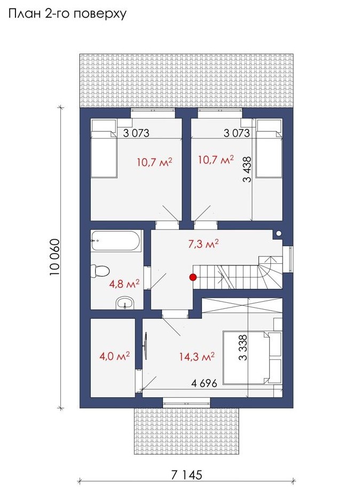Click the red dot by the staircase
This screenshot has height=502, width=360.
coord(192,277)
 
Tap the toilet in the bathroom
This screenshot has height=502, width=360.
coord(100,271)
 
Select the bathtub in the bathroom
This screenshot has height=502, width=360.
coord(115,241)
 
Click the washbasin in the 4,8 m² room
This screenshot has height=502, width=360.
coord(125,303)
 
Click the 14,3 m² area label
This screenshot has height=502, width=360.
coord(197,356)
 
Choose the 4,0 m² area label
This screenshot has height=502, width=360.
coord(114,356)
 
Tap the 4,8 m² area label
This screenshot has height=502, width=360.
coord(124,284)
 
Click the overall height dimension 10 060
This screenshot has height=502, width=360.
coord(54,257)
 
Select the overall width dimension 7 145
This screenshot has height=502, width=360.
coord(187,475)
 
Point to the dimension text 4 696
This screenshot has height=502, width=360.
coord(204,383)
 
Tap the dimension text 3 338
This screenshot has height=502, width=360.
coord(243,348)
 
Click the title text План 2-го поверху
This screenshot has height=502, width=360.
coord(67,14)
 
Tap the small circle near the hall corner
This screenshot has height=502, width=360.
coord(279,234)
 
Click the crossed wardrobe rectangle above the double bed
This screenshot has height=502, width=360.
coord(242,305)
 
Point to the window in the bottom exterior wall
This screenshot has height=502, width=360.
coord(187,403)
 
